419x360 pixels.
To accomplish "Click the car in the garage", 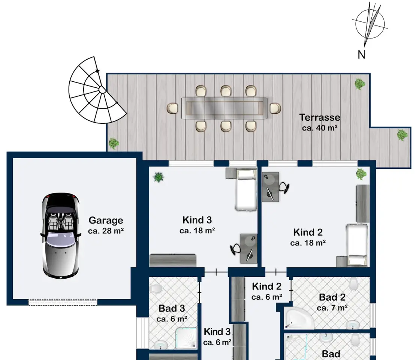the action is click(61, 236).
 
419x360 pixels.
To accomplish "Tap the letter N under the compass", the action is click(361, 55).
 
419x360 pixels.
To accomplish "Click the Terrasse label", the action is click(320, 117).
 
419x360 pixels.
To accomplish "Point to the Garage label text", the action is click(106, 220).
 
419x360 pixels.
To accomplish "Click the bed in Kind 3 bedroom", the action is click(246, 189).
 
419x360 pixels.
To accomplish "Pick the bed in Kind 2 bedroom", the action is click(357, 245).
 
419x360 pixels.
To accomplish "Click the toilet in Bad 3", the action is click(156, 289).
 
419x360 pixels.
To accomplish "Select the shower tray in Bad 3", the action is click(186, 338).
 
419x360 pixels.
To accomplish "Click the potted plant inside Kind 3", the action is click(159, 177).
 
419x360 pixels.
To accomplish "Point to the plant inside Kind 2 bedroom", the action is click(361, 174).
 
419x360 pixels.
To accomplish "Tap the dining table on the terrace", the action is click(224, 108).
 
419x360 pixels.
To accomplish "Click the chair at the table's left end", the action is click(172, 108).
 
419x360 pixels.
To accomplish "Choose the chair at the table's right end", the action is click(275, 108).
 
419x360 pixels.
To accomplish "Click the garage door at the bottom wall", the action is click(63, 302).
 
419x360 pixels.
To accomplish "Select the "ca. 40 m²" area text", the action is click(320, 128).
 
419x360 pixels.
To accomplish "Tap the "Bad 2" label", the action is click(332, 297).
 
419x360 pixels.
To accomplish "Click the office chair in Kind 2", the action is click(284, 187).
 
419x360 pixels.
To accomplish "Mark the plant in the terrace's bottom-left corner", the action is click(114, 143).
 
